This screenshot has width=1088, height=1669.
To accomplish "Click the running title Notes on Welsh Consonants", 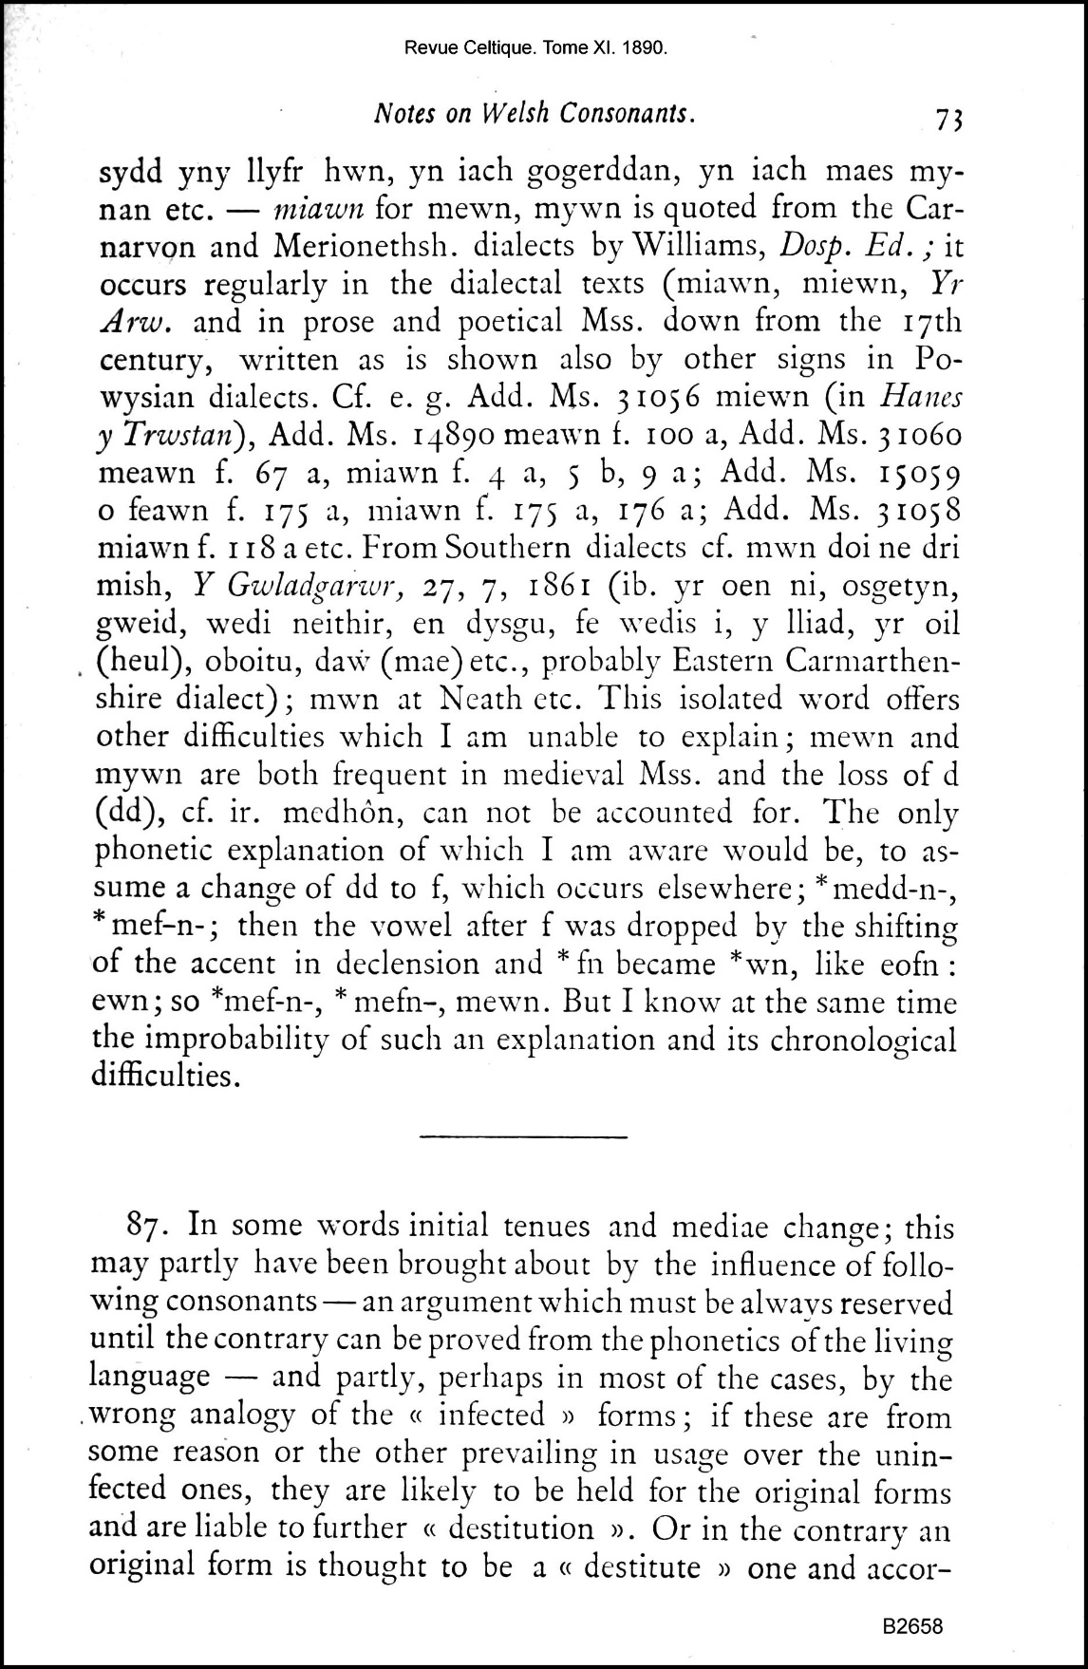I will [535, 113].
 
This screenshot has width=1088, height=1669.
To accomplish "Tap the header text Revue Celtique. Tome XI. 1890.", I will [535, 47].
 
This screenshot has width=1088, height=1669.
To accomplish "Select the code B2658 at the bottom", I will [912, 1626].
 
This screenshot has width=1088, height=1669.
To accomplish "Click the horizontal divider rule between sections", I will [522, 1135].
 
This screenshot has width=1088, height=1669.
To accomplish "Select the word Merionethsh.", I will [366, 246].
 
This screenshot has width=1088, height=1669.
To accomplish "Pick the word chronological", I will [863, 1041].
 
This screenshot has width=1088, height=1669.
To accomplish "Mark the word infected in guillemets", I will [491, 1415].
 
